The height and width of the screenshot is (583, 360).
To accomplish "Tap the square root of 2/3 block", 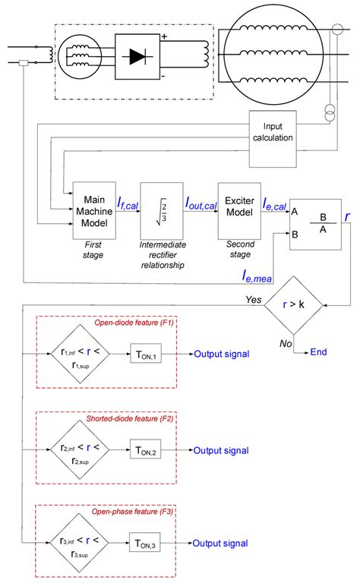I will [161, 209].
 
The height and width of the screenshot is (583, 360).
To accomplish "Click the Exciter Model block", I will [238, 209].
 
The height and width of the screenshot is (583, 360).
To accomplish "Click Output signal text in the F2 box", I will [220, 450].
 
